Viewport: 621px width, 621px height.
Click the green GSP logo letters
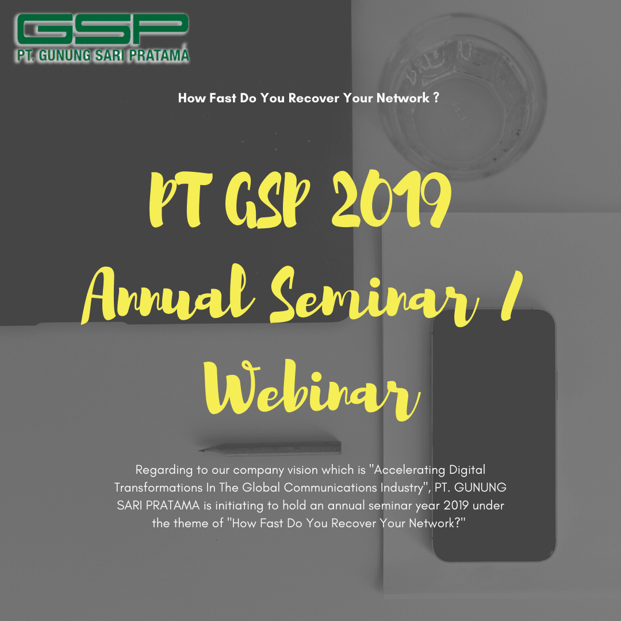coord(102,30)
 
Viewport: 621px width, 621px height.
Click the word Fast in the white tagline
coord(223,98)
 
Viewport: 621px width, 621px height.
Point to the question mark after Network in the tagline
coord(436,97)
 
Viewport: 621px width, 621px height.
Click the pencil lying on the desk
coord(270,448)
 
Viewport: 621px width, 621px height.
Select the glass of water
coord(462,94)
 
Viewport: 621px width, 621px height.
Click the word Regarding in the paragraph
coord(164,470)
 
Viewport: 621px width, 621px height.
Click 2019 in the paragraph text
coord(456,505)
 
